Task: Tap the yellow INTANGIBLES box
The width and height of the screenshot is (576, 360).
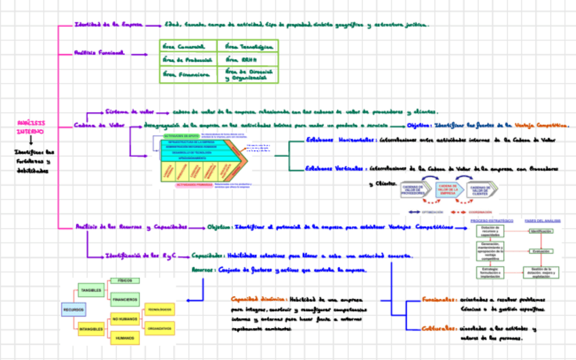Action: pos(91,329)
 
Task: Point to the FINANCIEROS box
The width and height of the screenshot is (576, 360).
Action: pos(126,299)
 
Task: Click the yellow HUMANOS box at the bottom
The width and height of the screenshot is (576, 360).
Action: pos(125,338)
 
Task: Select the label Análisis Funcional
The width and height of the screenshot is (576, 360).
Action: pos(99,52)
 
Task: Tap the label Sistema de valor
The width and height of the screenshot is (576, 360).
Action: pos(129,111)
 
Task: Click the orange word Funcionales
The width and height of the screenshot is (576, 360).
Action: pos(437,300)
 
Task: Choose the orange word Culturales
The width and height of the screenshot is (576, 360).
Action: pos(436,329)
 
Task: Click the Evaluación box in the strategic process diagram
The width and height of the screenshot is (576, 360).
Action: pos(541,251)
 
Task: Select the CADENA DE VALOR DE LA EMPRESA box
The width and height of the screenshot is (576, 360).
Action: pos(448,190)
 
